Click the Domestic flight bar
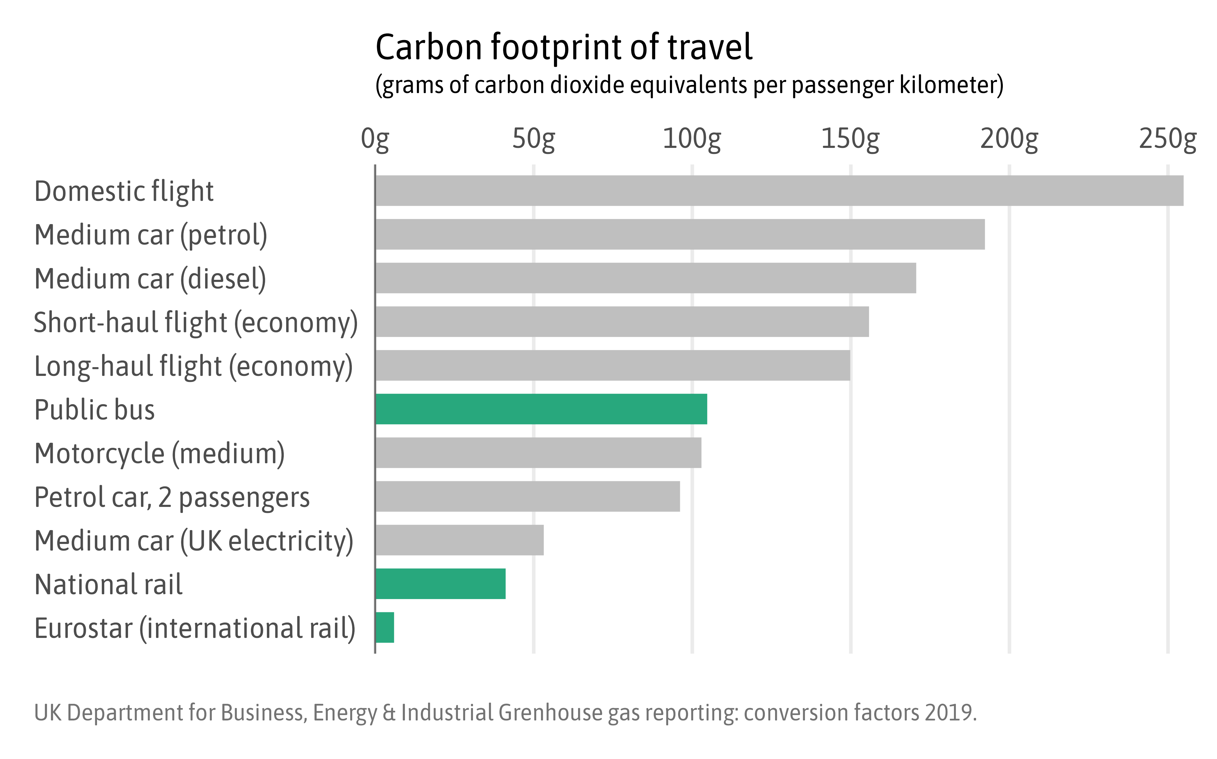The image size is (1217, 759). pyautogui.click(x=778, y=191)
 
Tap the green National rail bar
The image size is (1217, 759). pyautogui.click(x=440, y=584)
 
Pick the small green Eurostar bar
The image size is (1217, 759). pyautogui.click(x=385, y=627)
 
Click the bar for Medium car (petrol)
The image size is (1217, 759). pyautogui.click(x=680, y=234)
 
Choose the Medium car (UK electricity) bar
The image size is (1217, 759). pyautogui.click(x=459, y=540)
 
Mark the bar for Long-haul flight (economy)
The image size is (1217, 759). pyautogui.click(x=612, y=365)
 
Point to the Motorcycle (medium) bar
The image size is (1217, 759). pyautogui.click(x=538, y=453)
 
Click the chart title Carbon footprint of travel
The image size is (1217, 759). pyautogui.click(x=564, y=47)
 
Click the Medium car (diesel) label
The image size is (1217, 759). pyautogui.click(x=150, y=279)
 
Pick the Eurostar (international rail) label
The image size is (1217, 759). pyautogui.click(x=195, y=629)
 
